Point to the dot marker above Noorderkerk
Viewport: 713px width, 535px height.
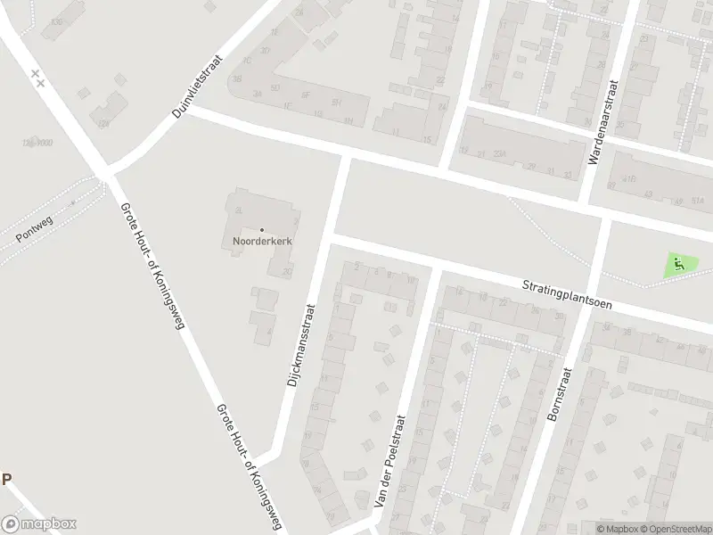point(262,230)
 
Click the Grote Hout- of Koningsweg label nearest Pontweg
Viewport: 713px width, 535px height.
point(151,266)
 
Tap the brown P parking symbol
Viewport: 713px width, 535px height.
point(7,480)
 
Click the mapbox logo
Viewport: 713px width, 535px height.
point(39,523)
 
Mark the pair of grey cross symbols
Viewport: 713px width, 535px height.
point(37,78)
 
